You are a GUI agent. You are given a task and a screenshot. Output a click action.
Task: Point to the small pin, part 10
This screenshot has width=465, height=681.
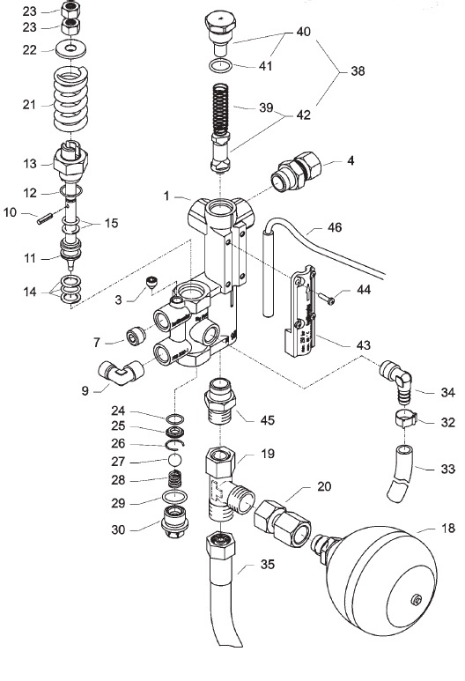[45, 218]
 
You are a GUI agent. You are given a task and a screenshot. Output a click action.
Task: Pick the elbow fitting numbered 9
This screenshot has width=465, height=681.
[121, 372]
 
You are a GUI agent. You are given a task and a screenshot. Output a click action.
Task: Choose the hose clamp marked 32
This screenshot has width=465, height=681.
[406, 418]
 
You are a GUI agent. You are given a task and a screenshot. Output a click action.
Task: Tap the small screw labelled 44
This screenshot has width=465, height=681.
[326, 299]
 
